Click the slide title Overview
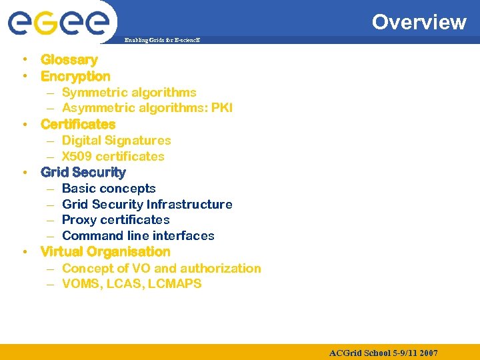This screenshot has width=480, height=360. coord(419,22)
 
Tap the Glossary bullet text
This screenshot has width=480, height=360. coord(69,60)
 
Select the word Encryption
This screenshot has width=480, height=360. coord(75,76)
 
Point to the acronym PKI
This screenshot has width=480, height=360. coord(222,108)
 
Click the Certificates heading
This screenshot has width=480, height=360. coord(78,124)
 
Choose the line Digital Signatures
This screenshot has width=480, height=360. coord(116,141)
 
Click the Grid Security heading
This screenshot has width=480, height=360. coord(83,172)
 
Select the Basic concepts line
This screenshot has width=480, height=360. coord(109,189)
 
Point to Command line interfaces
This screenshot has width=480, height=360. coord(138,236)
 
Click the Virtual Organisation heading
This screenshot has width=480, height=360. coord(105,252)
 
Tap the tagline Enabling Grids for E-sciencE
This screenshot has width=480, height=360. coord(163,40)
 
